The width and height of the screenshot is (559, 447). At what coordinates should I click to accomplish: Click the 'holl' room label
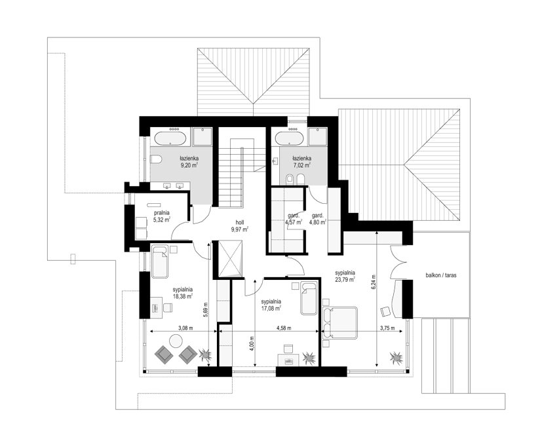[x=239, y=222]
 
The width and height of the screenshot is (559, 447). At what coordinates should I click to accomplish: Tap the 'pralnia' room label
[x=161, y=213]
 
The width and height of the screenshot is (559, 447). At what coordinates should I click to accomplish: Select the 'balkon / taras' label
[x=441, y=275]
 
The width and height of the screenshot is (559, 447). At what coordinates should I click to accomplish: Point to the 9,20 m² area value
[x=189, y=165]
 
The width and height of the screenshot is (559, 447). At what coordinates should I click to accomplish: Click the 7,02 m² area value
[x=301, y=165]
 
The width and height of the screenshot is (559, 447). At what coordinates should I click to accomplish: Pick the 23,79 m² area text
[x=345, y=280]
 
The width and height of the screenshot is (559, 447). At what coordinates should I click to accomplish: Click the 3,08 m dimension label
[x=185, y=328]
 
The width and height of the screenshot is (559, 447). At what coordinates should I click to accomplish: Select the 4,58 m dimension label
[x=284, y=328]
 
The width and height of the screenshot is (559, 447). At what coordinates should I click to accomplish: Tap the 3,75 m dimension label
[x=387, y=328]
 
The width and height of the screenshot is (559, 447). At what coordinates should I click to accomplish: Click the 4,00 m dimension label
[x=252, y=344]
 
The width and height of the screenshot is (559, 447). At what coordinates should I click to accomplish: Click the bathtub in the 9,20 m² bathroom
[x=170, y=138]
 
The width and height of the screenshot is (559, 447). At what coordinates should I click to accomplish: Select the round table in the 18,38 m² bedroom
[x=176, y=341]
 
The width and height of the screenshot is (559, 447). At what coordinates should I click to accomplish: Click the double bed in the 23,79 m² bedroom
[x=339, y=322]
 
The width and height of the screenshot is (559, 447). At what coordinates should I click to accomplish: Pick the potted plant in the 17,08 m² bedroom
[x=309, y=358]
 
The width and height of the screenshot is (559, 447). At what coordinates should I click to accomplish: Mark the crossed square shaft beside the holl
[x=230, y=258]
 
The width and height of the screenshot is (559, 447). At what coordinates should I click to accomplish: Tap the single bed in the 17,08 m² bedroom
[x=309, y=299]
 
